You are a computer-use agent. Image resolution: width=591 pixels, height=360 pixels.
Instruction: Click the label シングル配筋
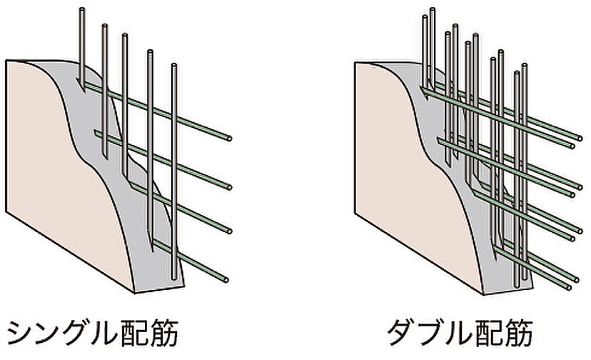click(x=91, y=333)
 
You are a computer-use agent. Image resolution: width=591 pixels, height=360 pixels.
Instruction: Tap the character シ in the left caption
click(x=21, y=333)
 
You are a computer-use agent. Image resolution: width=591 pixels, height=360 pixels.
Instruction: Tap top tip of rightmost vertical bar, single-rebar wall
click(x=174, y=66)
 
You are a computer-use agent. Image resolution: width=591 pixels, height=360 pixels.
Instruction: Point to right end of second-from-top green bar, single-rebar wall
click(x=228, y=187)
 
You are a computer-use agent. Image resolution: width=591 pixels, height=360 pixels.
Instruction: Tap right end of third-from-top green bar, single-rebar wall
click(x=230, y=230)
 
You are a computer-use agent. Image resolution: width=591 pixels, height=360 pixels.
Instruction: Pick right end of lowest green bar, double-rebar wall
click(x=567, y=287)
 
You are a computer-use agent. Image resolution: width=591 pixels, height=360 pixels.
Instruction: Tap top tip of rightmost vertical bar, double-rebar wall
click(x=525, y=66)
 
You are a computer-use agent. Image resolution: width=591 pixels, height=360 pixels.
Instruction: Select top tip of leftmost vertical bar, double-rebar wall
click(x=424, y=18)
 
